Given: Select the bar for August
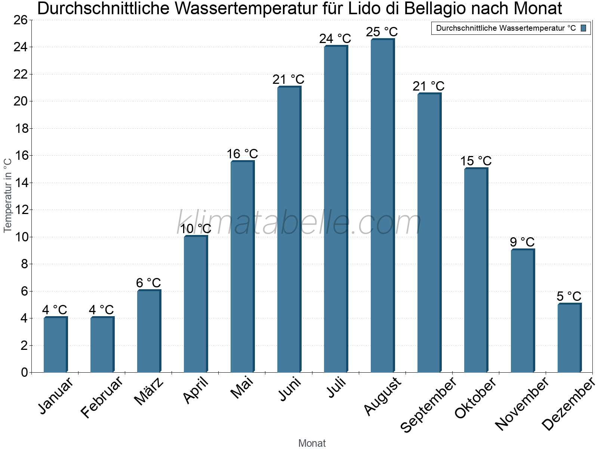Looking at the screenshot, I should (x=382, y=206).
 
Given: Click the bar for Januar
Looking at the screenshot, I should (x=55, y=345).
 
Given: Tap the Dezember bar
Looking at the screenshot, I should (x=569, y=338).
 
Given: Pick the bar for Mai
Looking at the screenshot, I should (x=242, y=266).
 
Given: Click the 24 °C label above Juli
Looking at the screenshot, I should (x=335, y=39).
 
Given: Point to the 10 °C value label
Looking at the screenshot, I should (x=195, y=229).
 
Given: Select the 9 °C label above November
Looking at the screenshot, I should (x=522, y=242).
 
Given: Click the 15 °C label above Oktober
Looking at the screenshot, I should (x=475, y=161).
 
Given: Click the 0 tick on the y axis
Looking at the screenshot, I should (x=24, y=372).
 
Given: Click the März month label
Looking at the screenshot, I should (x=149, y=391).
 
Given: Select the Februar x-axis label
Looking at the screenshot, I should (x=102, y=397).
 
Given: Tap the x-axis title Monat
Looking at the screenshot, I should (x=312, y=443).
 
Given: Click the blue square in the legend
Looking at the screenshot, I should (x=583, y=28).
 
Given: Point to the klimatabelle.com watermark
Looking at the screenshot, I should (x=299, y=223).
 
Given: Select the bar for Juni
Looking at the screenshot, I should (x=289, y=229).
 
